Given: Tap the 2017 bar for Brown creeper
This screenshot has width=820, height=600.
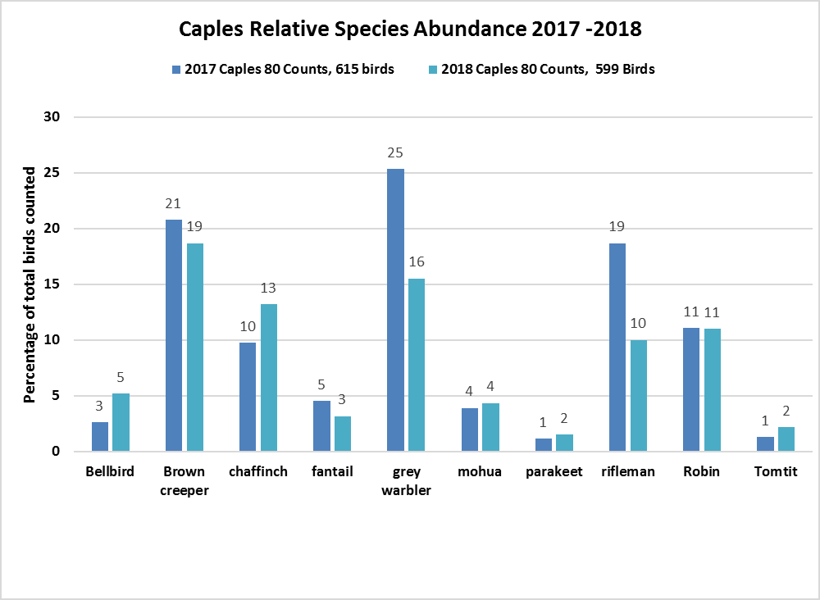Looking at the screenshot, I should (x=174, y=335).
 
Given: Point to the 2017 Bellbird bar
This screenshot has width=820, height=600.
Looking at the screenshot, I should (x=100, y=436).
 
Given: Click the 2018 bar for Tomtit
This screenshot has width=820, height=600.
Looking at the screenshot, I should (x=786, y=439).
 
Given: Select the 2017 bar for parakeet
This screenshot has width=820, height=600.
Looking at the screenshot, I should (x=544, y=444).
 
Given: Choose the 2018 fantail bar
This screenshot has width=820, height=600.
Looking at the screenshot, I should (x=343, y=434).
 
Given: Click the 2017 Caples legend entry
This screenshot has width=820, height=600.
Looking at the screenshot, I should (x=283, y=70).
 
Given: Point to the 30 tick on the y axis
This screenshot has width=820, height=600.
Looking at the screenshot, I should (x=52, y=117).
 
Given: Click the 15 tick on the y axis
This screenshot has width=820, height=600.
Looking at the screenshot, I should (x=52, y=284).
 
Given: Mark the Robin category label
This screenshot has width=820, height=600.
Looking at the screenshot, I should (x=702, y=472).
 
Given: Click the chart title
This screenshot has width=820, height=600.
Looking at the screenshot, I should (x=410, y=30).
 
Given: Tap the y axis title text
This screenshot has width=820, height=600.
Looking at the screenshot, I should (x=30, y=284).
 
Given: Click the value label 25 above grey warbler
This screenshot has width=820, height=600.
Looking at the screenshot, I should (x=395, y=153).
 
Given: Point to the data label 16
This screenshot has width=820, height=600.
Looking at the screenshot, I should (x=417, y=262).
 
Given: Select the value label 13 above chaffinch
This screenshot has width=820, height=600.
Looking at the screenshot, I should (x=269, y=288).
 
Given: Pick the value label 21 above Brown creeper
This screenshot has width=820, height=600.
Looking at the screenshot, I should (x=174, y=204).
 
